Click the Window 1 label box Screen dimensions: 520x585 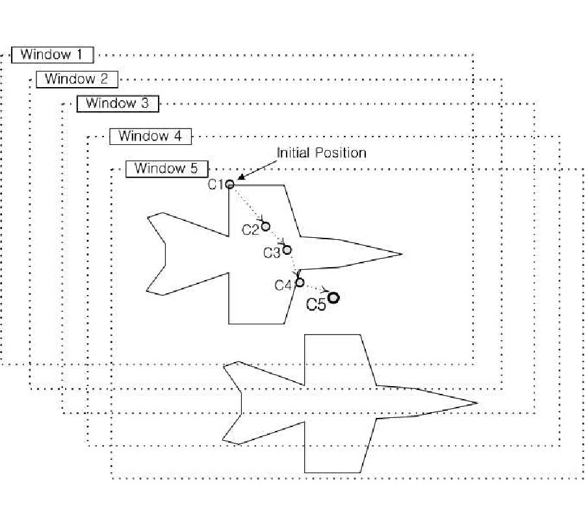pos(53,55)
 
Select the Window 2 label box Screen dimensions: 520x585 pos(77,79)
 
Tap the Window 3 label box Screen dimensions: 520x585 pos(117,103)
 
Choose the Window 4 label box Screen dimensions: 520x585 pos(150,136)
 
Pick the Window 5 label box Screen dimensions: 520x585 pos(166,168)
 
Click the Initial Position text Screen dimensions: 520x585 pos(321,153)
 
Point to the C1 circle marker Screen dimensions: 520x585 pos(229,184)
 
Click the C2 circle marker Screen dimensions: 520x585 pos(265,226)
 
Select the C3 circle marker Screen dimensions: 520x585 pos(287,250)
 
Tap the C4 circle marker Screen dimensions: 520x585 pos(300,282)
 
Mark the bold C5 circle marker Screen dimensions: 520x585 pos(333,298)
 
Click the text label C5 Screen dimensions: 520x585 pos(316,304)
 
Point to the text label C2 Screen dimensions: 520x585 pos(250,229)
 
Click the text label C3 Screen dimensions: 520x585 pos(272,252)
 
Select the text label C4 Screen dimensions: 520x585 pos(283,285)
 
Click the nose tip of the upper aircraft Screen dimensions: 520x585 pos(402,254)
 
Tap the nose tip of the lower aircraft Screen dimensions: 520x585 pos(477,403)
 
